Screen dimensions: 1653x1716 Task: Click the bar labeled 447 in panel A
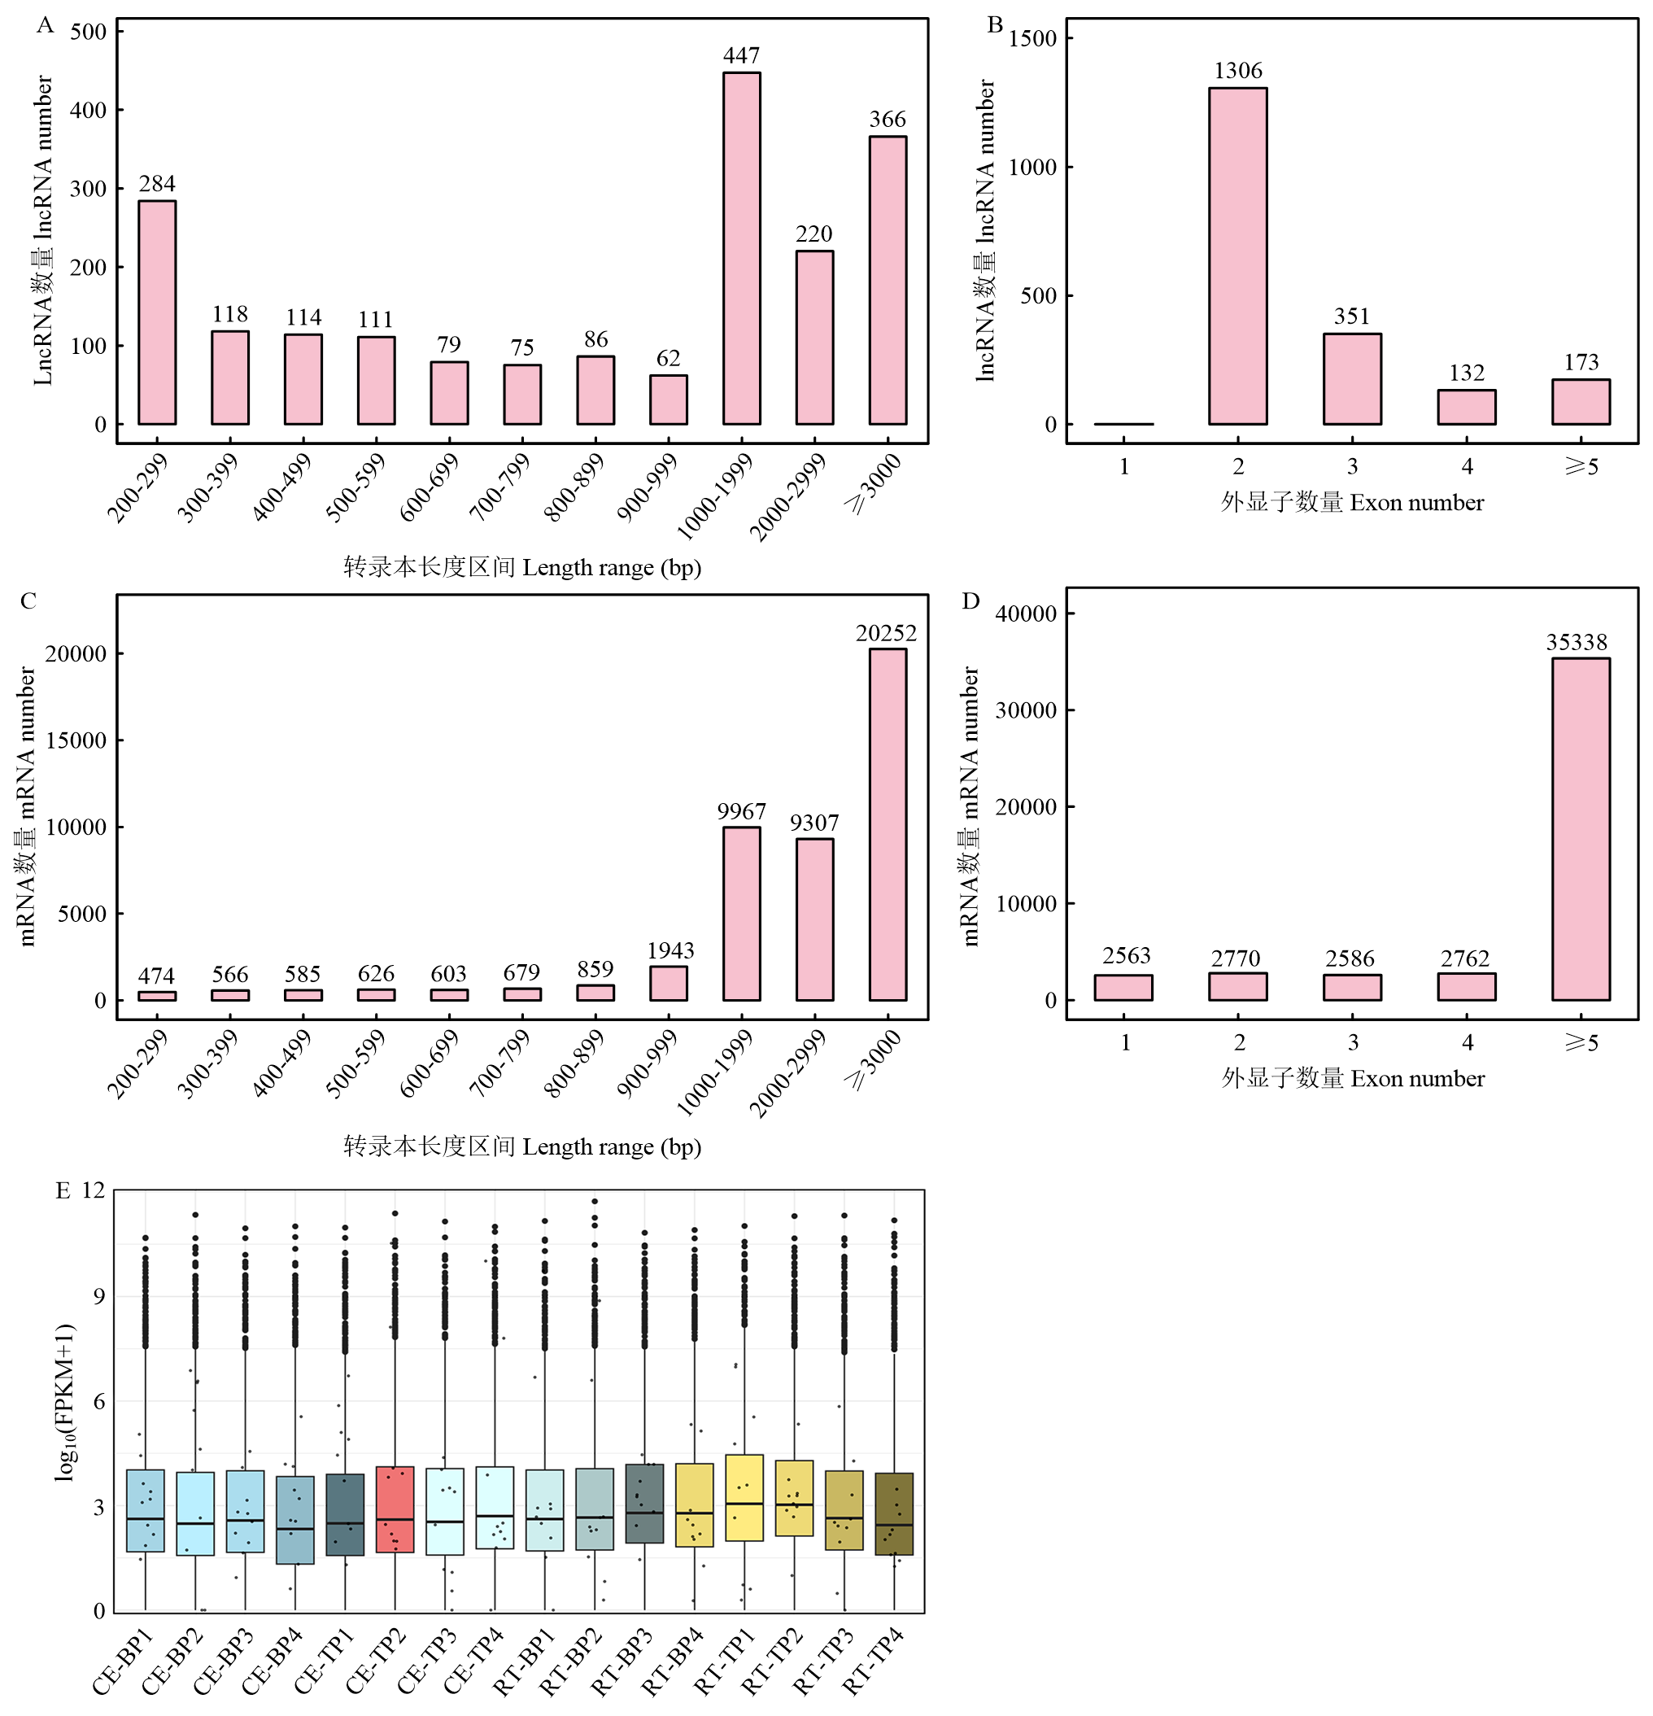point(741,249)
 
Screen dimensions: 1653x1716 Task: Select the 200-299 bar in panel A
point(157,312)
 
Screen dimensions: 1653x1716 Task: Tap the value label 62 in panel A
point(668,358)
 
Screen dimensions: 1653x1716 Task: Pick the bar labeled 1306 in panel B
point(1237,255)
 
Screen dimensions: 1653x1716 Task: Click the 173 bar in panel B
point(1581,402)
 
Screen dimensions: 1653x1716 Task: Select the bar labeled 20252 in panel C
point(887,824)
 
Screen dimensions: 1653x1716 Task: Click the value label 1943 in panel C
point(669,951)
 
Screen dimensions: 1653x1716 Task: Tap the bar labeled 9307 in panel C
point(814,919)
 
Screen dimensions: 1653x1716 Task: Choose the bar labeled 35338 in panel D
point(1581,829)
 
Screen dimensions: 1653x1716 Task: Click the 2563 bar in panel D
point(1123,988)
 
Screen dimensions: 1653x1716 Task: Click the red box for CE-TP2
point(395,1509)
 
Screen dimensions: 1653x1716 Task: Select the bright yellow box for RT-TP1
point(744,1498)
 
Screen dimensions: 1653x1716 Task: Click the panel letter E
point(62,1191)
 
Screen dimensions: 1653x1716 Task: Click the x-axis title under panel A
point(523,567)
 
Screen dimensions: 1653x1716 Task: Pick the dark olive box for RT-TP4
point(894,1513)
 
